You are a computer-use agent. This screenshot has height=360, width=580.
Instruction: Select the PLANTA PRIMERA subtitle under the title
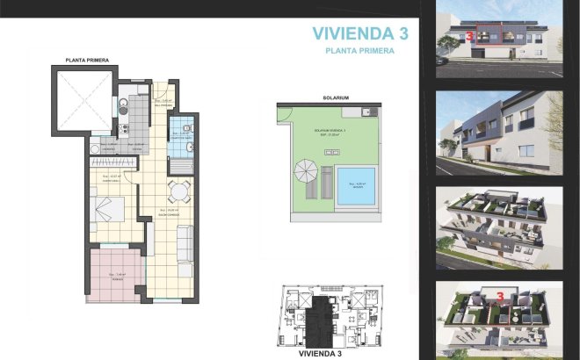[x=359, y=52]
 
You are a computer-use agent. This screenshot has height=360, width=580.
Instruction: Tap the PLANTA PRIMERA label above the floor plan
[x=87, y=60]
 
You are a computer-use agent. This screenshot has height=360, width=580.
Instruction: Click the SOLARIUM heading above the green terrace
[x=336, y=97]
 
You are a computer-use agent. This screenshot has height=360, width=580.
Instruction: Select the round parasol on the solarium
[x=306, y=169]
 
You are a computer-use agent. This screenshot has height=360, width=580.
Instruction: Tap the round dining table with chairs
[x=178, y=192]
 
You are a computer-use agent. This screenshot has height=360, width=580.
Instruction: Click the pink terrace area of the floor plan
[x=112, y=275]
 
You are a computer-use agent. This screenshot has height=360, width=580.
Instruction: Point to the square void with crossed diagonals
[x=83, y=98]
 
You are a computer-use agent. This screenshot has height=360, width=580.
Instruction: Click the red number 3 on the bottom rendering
[x=500, y=298]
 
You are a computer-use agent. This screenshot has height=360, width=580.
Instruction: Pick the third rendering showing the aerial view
[x=499, y=226]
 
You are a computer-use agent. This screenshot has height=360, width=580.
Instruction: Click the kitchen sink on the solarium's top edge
[x=370, y=112]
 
